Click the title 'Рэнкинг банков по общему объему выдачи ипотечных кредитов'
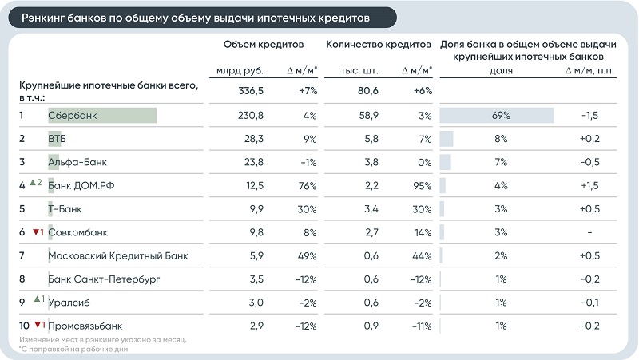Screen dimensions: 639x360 [x=196, y=18]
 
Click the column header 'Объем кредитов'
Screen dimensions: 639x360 [x=264, y=45]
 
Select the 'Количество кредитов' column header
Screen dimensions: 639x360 [x=378, y=45]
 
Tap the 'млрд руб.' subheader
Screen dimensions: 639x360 [x=240, y=71]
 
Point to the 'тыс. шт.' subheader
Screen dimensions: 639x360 [x=359, y=71]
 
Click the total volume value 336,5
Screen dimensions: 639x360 [x=251, y=90]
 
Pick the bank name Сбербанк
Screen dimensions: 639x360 [x=73, y=116]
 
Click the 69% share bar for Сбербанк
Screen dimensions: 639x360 [x=496, y=115]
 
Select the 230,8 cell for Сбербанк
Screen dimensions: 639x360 [x=251, y=116]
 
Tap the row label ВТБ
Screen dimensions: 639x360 [x=57, y=139]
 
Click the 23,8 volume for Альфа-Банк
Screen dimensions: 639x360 [x=253, y=163]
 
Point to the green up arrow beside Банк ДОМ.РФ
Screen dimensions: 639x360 [x=33, y=183]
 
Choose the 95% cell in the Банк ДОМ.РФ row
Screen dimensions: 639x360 [x=423, y=186]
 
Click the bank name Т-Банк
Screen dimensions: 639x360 [x=65, y=209]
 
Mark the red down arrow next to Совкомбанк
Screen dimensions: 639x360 [x=36, y=232]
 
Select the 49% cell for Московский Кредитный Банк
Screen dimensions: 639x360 [x=307, y=256]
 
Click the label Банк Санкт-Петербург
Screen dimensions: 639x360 [x=104, y=279]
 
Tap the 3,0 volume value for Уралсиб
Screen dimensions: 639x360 [x=256, y=303]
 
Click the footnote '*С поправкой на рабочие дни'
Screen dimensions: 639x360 [x=73, y=349]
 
